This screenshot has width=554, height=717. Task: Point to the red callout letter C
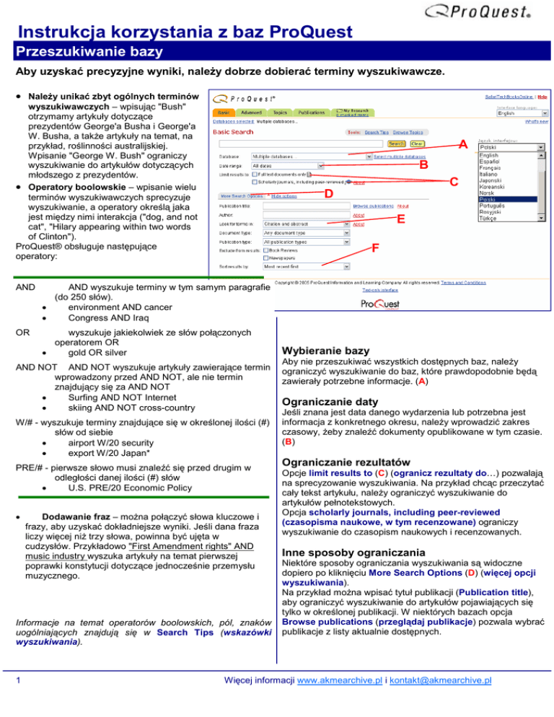tap(453, 183)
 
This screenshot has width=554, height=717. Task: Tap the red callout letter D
tap(328, 195)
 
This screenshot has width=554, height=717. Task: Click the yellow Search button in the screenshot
tap(396, 144)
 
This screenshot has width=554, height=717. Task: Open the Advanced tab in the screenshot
tap(251, 113)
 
